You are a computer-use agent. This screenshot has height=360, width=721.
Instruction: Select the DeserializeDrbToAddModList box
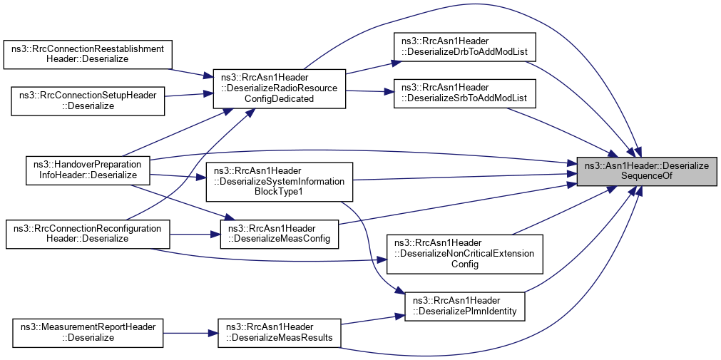coord(460,48)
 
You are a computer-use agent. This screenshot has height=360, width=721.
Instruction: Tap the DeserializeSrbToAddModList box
coord(460,92)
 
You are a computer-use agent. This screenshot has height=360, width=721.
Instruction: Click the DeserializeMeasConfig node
coord(279,233)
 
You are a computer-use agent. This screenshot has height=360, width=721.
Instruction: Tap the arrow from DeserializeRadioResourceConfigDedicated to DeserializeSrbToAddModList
coord(368,91)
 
